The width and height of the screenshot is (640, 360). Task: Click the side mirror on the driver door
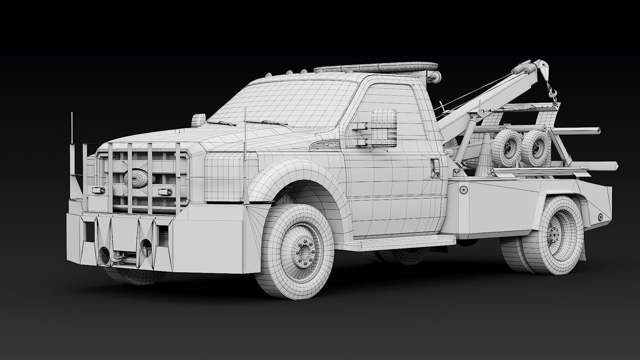tap(384, 128)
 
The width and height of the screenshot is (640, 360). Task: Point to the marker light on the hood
tap(199, 120)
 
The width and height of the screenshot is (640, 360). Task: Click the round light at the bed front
tap(463, 190)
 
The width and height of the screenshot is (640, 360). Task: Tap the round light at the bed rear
tap(600, 217)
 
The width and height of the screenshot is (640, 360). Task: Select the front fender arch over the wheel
tap(293, 173)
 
